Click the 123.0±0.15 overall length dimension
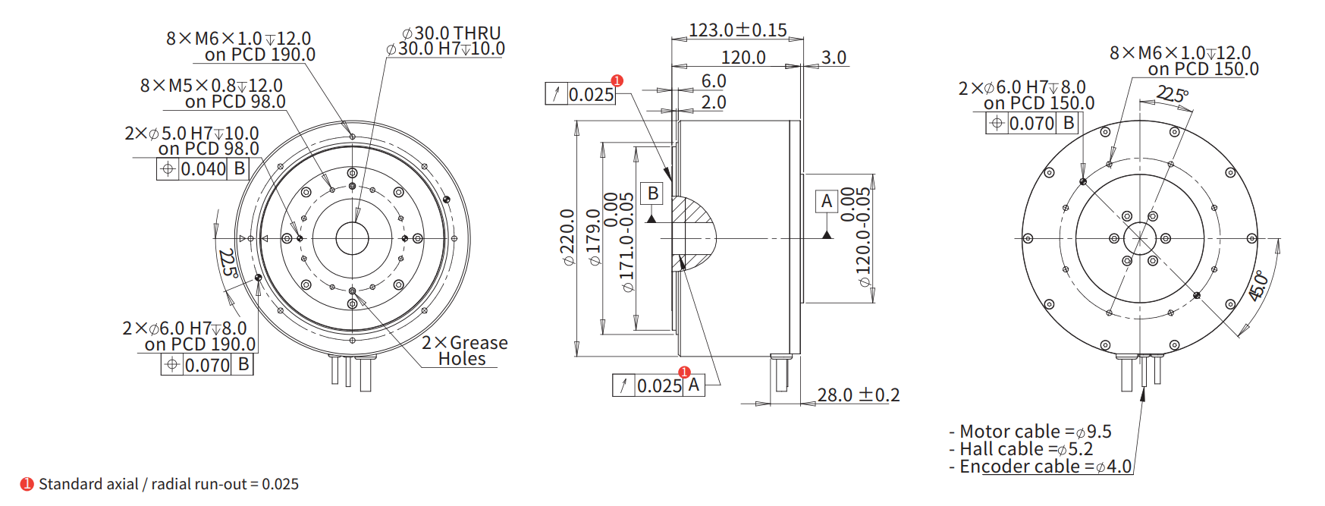tap(737, 30)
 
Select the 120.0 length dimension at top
tap(743, 58)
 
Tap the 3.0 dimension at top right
tap(834, 58)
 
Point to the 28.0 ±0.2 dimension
tap(858, 395)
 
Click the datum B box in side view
tap(652, 193)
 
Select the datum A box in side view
tap(827, 201)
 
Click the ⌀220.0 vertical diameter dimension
tap(567, 237)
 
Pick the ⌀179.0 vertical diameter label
tap(594, 237)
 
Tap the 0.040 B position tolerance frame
tap(203, 168)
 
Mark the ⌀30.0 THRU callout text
tap(451, 33)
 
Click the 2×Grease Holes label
tap(464, 350)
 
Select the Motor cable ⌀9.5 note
tap(1030, 432)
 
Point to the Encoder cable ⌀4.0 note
tap(1040, 467)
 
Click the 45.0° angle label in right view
tap(1257, 286)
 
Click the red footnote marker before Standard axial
tap(27, 484)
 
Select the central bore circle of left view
tap(352, 238)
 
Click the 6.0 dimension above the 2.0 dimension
tap(713, 81)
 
